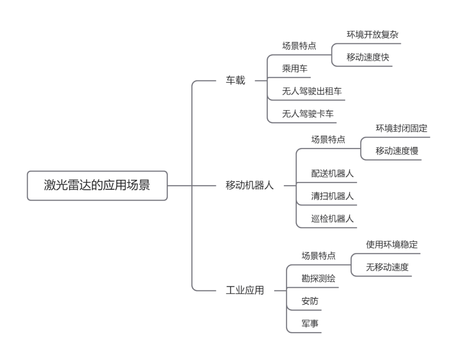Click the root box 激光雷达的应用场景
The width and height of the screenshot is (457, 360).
pyautogui.click(x=97, y=186)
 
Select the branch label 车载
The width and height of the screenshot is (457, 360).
pyautogui.click(x=235, y=80)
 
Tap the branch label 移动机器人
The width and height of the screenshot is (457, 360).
pyautogui.click(x=250, y=186)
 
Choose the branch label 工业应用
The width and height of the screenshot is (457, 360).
pyautogui.click(x=245, y=291)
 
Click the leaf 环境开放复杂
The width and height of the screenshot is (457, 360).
pyautogui.click(x=372, y=35)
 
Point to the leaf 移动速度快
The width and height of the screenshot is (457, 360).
pyautogui.click(x=367, y=58)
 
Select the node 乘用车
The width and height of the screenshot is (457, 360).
pyautogui.click(x=295, y=69)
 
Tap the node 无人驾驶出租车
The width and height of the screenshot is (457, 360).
pyautogui.click(x=312, y=91)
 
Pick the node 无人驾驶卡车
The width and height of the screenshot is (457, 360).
pyautogui.click(x=308, y=114)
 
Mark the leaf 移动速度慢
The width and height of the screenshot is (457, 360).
pyautogui.click(x=396, y=151)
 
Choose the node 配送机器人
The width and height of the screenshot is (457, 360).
pyautogui.click(x=332, y=174)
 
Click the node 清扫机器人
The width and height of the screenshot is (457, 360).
pyautogui.click(x=332, y=196)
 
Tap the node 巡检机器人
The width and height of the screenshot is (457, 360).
pyautogui.click(x=332, y=219)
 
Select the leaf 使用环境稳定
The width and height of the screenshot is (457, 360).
pyautogui.click(x=392, y=244)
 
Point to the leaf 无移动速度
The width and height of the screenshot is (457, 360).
pyautogui.click(x=387, y=267)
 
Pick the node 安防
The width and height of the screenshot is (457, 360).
pyautogui.click(x=310, y=302)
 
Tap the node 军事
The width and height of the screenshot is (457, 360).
pyautogui.click(x=310, y=324)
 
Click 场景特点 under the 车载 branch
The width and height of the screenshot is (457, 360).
pyautogui.click(x=299, y=46)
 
